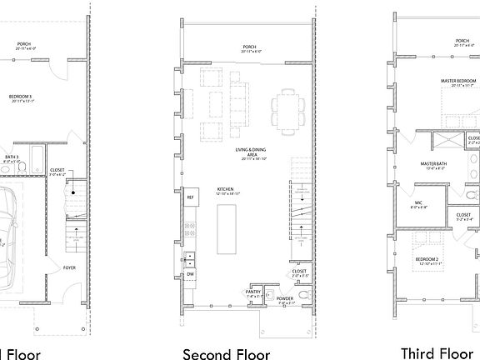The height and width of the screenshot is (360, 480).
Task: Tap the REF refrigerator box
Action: coord(191,197)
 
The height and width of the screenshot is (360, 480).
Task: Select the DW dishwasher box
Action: coord(191,273)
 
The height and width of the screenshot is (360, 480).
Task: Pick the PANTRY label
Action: coord(254,292)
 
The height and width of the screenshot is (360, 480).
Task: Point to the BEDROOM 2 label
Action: coord(427,259)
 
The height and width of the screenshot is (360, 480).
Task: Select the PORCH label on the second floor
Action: coord(250,47)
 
